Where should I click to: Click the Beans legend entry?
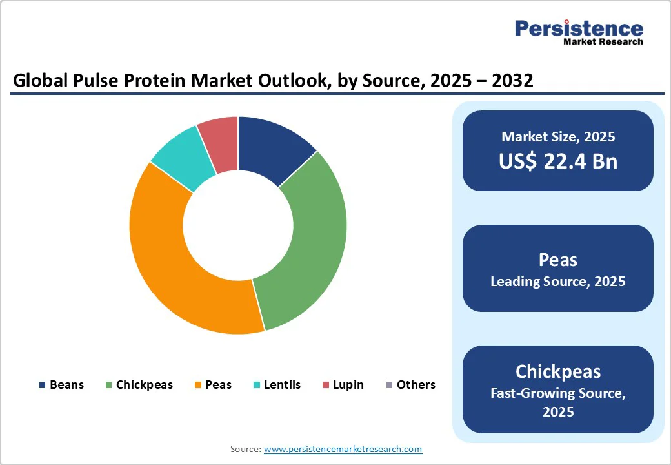(61, 385)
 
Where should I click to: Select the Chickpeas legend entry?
(139, 385)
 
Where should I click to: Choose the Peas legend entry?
(213, 385)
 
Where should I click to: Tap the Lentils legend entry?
(277, 385)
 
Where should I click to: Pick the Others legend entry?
(410, 385)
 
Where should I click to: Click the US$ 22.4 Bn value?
(558, 161)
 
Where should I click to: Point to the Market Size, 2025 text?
(558, 137)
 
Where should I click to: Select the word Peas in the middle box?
(558, 260)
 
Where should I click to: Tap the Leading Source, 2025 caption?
(558, 282)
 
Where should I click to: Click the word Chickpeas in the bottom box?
(558, 371)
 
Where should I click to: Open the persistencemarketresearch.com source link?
(343, 449)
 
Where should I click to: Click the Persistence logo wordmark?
(579, 28)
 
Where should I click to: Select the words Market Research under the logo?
(603, 42)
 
